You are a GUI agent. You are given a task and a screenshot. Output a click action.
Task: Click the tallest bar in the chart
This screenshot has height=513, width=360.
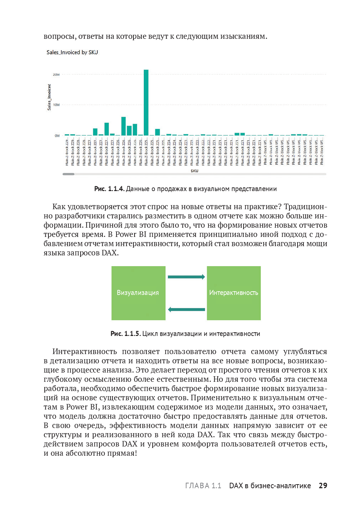click(146, 102)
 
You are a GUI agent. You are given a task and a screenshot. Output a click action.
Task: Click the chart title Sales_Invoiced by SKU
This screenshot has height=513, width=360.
click(72, 52)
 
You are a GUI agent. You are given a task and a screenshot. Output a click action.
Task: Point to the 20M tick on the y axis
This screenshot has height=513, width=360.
click(56, 75)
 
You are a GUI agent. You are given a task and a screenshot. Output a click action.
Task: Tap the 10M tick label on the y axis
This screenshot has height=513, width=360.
click(56, 105)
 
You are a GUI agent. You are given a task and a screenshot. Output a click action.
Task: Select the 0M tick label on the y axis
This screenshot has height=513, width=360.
click(57, 136)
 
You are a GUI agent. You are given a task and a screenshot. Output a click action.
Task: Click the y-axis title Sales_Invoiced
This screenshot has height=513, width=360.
click(49, 97)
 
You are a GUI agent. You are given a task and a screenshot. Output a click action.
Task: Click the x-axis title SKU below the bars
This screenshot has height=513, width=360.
click(194, 171)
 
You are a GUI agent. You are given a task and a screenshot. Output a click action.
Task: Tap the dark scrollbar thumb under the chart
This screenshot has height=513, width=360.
click(68, 174)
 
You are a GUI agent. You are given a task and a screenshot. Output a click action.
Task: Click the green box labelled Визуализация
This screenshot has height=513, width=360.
click(138, 293)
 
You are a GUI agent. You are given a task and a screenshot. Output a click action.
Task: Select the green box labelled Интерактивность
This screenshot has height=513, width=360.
click(234, 293)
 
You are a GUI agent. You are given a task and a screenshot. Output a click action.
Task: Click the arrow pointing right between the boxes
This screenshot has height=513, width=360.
click(186, 277)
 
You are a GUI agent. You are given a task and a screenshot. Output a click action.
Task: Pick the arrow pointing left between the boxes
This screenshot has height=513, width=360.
click(186, 309)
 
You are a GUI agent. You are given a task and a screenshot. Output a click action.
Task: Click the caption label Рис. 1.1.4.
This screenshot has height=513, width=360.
click(109, 189)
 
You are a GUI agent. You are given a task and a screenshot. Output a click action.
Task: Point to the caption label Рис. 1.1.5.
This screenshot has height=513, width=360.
click(125, 334)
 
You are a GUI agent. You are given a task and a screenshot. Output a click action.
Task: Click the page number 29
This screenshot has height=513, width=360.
click(323, 486)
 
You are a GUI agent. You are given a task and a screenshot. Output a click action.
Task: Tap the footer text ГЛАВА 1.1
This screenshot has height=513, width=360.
click(203, 486)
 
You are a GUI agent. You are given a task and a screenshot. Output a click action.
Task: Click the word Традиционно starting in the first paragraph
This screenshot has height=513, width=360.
click(305, 207)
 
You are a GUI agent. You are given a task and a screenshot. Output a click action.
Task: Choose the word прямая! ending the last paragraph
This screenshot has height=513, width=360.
click(122, 453)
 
